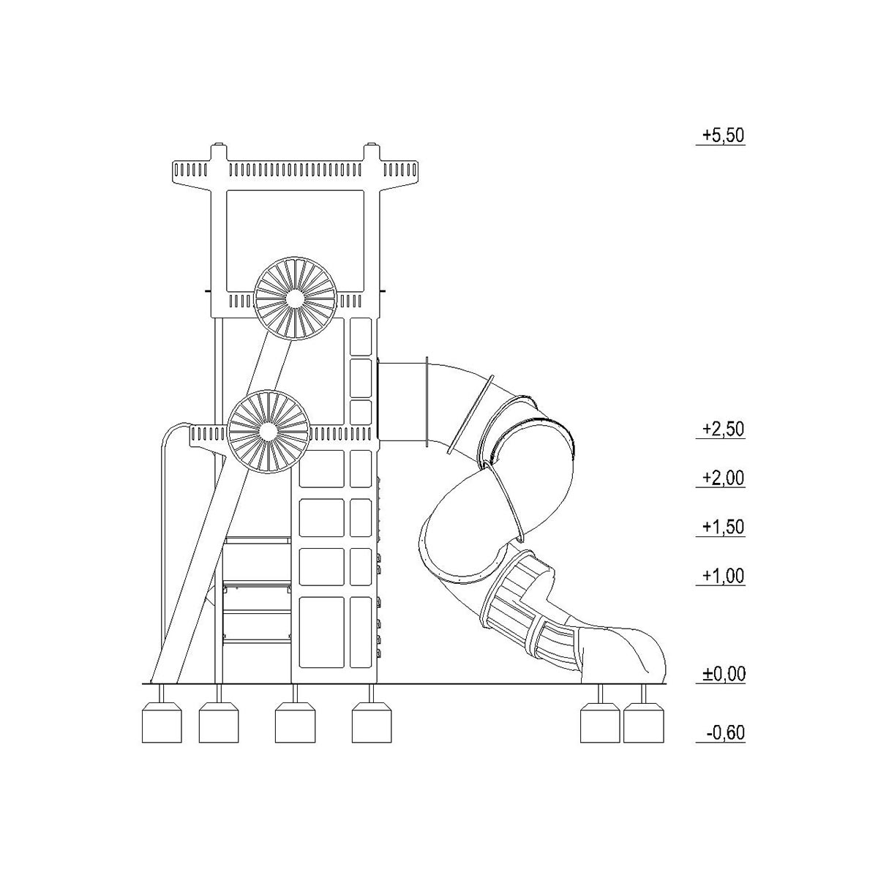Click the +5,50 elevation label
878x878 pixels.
723,136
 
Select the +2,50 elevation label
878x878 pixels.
723,429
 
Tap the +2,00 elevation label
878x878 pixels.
723,478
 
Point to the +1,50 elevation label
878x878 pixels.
723,527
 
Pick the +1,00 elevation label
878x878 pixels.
723,576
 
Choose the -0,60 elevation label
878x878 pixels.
725,732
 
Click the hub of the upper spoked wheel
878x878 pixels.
295,299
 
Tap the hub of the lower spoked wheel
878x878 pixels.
268,431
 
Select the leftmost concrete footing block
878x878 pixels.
162,723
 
